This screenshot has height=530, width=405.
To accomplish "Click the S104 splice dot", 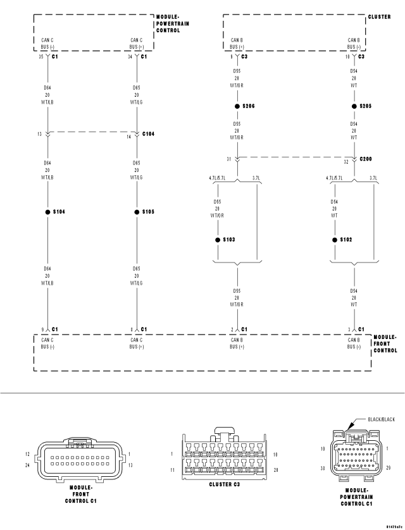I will [x=47, y=212].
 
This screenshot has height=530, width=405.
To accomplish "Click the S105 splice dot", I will [x=137, y=212].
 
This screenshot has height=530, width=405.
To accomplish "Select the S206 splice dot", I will [x=237, y=106].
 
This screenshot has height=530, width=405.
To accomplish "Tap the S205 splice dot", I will [x=355, y=106].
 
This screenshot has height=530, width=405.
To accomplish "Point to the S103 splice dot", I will [x=218, y=240].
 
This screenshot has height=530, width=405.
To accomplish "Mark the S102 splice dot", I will [x=335, y=240].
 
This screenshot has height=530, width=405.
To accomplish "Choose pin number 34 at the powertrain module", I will [x=129, y=57].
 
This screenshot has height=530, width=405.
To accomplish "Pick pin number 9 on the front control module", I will [x=41, y=329].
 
